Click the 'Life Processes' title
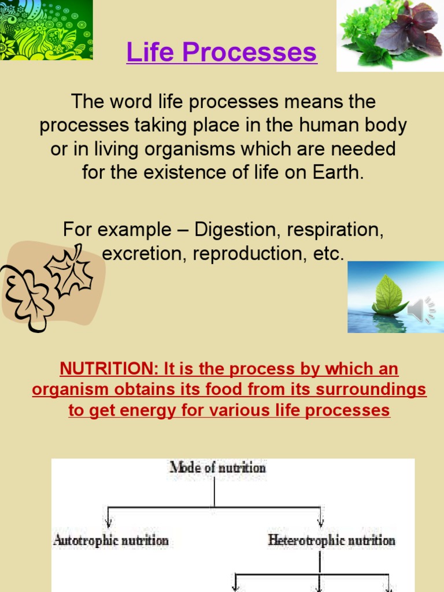(x=221, y=53)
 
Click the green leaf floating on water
(x=389, y=294)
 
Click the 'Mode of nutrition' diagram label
(x=217, y=467)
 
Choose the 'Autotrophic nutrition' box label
(x=111, y=541)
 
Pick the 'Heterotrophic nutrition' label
(x=332, y=541)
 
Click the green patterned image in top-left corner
(x=46, y=29)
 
